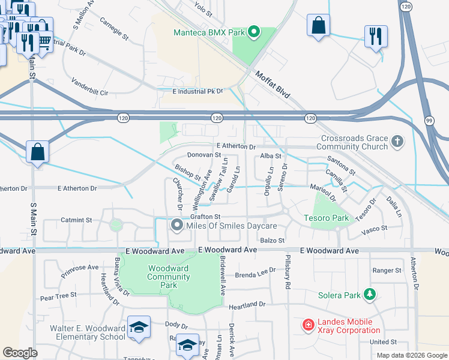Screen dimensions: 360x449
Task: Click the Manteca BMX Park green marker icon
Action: coord(253,32)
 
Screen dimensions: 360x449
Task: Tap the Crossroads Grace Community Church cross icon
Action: coord(396,142)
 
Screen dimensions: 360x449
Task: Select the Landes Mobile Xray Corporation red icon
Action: coord(309,325)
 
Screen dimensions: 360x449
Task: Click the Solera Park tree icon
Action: coord(370,295)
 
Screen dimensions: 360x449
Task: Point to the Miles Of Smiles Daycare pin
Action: coord(176,226)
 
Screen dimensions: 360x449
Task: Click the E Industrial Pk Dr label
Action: coord(197,92)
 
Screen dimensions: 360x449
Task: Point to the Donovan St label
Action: coord(204,155)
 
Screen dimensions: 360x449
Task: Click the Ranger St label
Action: coord(387,271)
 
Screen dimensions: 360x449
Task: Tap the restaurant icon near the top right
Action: coord(376,36)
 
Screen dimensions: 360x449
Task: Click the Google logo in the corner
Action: coord(20,353)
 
